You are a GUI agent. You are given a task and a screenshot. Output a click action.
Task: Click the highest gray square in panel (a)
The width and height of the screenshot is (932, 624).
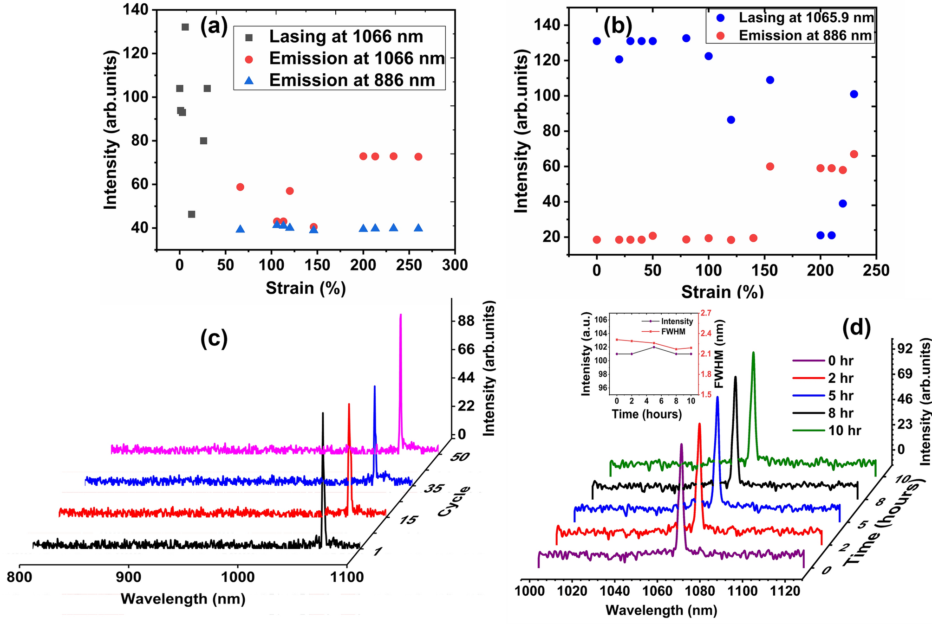click(185, 27)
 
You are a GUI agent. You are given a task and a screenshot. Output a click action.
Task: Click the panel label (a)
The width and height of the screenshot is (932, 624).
click(214, 26)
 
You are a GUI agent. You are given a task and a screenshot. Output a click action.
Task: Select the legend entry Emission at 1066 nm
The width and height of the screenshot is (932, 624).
click(357, 58)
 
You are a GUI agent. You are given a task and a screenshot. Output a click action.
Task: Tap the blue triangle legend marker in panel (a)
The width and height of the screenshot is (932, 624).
click(249, 81)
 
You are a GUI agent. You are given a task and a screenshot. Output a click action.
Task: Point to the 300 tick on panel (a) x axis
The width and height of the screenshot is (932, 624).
click(455, 265)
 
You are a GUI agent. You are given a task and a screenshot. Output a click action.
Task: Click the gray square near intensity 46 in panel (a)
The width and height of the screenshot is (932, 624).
click(191, 214)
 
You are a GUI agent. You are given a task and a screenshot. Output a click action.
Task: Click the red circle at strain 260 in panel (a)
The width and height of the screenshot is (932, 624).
click(418, 157)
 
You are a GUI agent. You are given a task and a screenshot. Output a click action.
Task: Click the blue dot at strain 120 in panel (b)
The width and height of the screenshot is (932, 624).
click(731, 120)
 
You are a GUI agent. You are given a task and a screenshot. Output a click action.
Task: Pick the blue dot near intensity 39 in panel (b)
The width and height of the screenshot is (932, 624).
click(843, 204)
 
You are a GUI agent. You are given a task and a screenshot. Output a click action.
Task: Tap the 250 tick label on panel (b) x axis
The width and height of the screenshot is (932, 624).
click(876, 270)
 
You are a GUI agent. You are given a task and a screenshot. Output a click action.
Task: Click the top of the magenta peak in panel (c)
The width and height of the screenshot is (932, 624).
click(400, 315)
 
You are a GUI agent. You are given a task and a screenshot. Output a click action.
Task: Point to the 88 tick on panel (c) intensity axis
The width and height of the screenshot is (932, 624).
click(466, 321)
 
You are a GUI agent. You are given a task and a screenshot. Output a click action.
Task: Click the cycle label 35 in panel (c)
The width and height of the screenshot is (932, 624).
click(435, 489)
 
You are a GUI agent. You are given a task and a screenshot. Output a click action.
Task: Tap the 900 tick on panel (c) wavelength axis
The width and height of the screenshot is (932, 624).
click(128, 577)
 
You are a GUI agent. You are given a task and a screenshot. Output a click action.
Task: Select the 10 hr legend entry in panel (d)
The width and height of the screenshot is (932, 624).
click(844, 431)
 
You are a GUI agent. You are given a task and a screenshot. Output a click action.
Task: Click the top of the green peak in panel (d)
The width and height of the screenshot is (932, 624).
click(753, 353)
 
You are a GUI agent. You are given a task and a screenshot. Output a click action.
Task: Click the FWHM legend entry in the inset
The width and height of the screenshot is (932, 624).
click(674, 331)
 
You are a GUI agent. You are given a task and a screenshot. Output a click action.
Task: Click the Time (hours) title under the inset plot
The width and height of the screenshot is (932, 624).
click(647, 414)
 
